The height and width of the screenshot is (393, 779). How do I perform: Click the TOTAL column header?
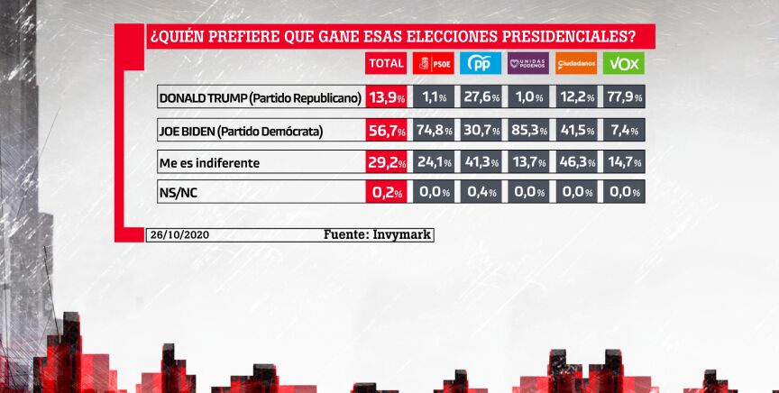click(x=387, y=64)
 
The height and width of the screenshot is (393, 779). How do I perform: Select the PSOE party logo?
click(x=433, y=64)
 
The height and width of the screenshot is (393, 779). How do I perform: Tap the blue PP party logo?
click(x=481, y=64)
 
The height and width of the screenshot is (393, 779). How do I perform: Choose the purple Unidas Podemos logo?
click(x=527, y=64)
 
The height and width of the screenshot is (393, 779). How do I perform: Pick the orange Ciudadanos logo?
click(x=575, y=64)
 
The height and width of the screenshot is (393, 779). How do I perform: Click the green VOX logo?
click(x=623, y=64)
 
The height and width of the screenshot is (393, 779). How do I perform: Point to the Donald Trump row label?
click(x=260, y=97)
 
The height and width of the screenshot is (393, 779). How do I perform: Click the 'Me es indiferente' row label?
click(x=209, y=163)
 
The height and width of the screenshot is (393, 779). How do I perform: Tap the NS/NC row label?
click(x=178, y=191)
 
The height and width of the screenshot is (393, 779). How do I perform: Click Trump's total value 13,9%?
click(x=387, y=97)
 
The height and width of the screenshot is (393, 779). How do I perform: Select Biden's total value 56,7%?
click(x=387, y=131)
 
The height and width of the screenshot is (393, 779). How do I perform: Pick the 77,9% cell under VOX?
click(x=623, y=97)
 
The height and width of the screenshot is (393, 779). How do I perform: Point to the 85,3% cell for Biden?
click(x=527, y=131)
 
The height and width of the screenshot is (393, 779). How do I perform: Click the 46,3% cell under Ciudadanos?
click(x=575, y=163)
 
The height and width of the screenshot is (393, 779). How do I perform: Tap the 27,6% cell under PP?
click(x=481, y=97)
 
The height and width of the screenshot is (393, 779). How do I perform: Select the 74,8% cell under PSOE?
click(x=433, y=131)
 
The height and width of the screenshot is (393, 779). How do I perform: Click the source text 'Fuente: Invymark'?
click(x=378, y=234)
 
